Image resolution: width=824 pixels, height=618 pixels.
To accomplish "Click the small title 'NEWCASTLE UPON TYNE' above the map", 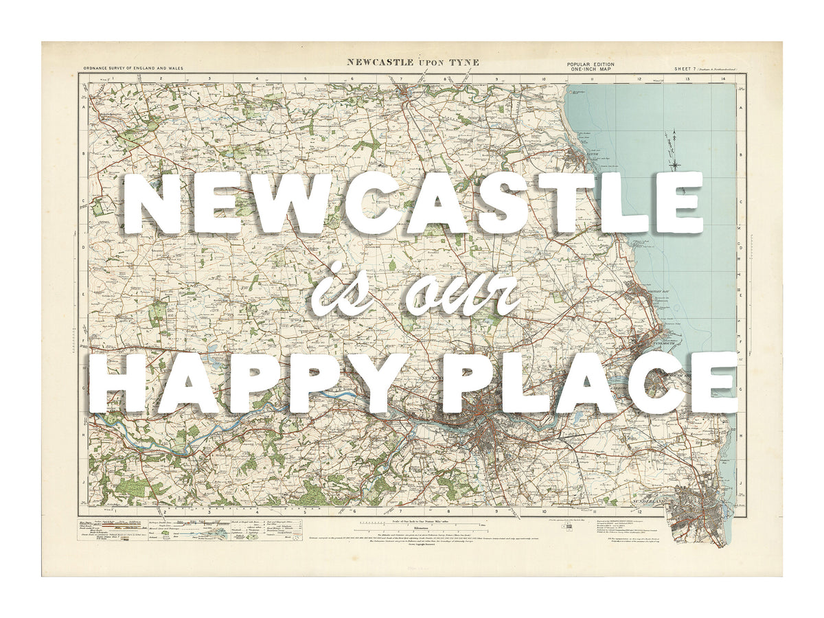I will (x=413, y=62).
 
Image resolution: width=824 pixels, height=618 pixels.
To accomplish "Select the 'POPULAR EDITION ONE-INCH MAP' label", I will (x=591, y=67).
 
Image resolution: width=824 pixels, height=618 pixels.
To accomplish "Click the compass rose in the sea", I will (x=676, y=162).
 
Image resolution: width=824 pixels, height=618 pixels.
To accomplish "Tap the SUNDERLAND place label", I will (x=648, y=503).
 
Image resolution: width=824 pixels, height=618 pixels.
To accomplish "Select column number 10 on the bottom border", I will (x=543, y=512).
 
